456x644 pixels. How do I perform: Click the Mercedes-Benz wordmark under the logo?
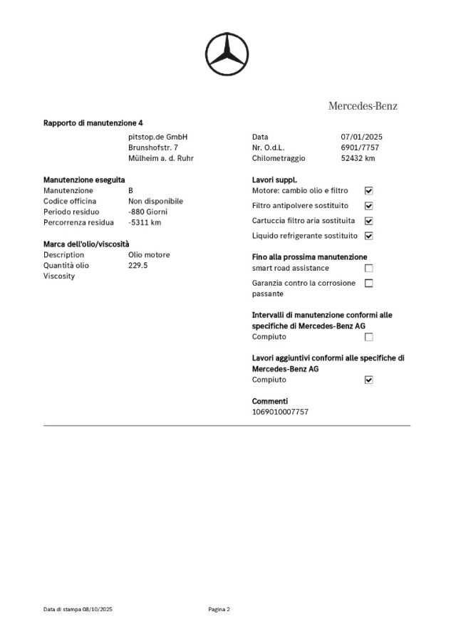click(x=363, y=106)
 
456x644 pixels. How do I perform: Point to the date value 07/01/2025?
click(x=363, y=136)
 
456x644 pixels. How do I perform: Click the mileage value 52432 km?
click(x=358, y=158)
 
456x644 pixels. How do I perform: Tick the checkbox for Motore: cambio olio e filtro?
click(x=368, y=191)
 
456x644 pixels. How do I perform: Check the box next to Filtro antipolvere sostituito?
click(x=368, y=206)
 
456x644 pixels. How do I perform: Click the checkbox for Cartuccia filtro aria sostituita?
click(x=368, y=221)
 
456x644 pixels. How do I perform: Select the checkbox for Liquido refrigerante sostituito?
click(x=368, y=236)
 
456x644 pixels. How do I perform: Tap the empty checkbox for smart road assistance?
click(x=368, y=268)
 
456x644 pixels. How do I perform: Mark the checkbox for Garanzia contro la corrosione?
click(x=368, y=283)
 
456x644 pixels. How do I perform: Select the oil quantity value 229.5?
click(x=138, y=265)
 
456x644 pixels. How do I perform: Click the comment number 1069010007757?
click(x=281, y=412)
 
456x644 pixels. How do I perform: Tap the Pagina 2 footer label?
click(x=219, y=609)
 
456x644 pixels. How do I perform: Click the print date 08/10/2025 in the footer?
click(x=98, y=609)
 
